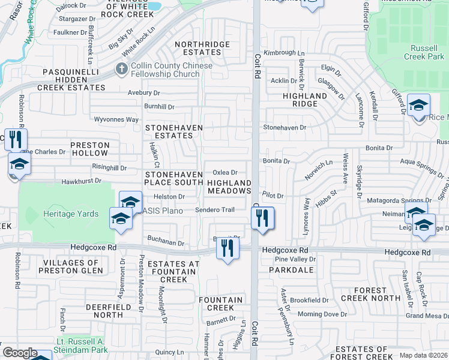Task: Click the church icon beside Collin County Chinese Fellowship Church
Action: tap(121, 70)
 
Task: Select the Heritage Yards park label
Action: tap(66, 213)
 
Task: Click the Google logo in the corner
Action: tap(20, 353)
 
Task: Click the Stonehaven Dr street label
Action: tap(285, 127)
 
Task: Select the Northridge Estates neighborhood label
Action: tap(202, 48)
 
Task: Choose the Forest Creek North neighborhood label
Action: tap(370, 294)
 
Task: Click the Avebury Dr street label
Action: tap(144, 93)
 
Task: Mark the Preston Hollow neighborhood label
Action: tap(90, 149)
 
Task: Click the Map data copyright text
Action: tap(422, 355)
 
